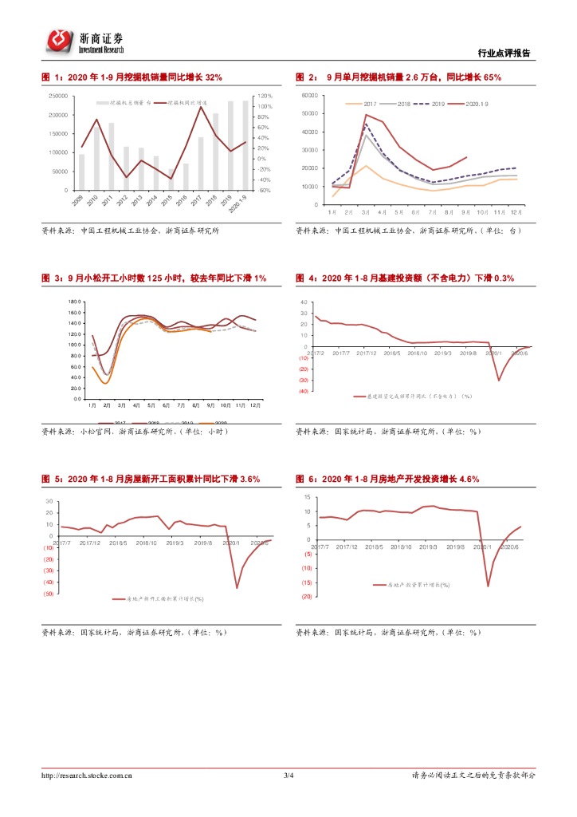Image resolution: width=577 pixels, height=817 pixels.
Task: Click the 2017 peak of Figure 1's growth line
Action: tap(199, 107)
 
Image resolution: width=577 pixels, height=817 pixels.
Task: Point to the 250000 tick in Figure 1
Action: tap(58, 96)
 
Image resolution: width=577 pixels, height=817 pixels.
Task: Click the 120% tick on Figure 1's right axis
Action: tap(265, 96)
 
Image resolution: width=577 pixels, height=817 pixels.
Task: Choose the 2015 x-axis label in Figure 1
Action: tap(167, 200)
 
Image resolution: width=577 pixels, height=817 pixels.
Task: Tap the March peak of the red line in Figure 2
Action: tap(366, 115)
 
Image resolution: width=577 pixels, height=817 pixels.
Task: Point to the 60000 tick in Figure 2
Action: tap(311, 96)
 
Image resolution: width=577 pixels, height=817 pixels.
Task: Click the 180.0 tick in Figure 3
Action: tap(75, 302)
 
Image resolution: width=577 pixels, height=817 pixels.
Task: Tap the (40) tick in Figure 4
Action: tap(304, 391)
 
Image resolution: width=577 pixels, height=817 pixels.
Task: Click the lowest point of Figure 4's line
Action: tap(500, 380)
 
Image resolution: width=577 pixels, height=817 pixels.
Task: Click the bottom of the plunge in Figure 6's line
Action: tap(488, 586)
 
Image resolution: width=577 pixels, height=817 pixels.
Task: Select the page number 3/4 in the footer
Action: tap(288, 775)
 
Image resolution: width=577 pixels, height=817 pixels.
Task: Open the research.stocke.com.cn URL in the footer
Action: tap(87, 775)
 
